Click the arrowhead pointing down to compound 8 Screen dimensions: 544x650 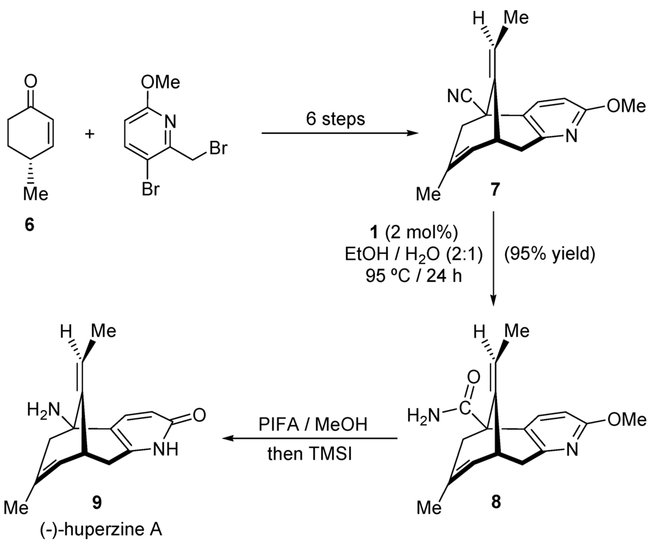point(495,298)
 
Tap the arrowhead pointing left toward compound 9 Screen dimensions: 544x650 point(223,438)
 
